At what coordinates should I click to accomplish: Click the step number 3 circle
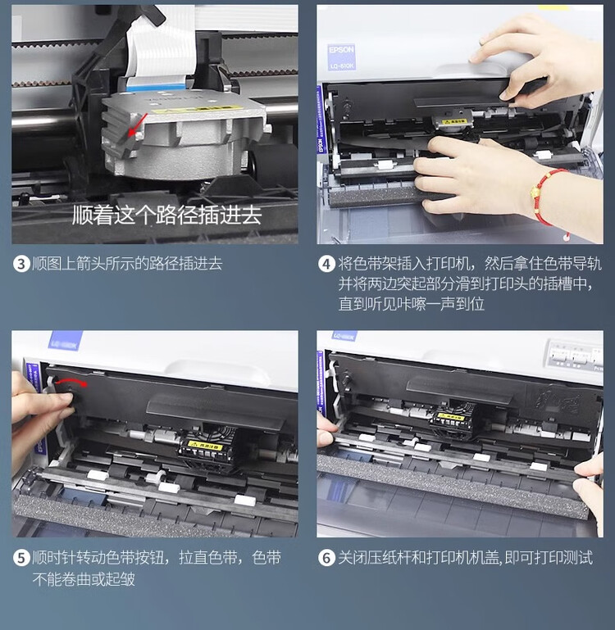(21, 264)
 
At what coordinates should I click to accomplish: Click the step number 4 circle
(327, 264)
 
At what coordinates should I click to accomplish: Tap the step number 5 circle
(21, 558)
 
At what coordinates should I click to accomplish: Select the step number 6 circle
(327, 558)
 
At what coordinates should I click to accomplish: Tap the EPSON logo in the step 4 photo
(342, 50)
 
